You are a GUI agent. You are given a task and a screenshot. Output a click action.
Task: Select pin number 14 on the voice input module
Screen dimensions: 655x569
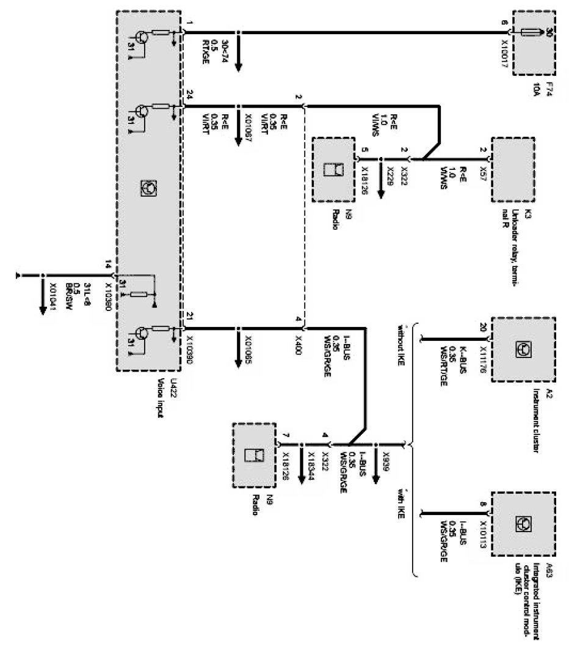click(109, 265)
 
